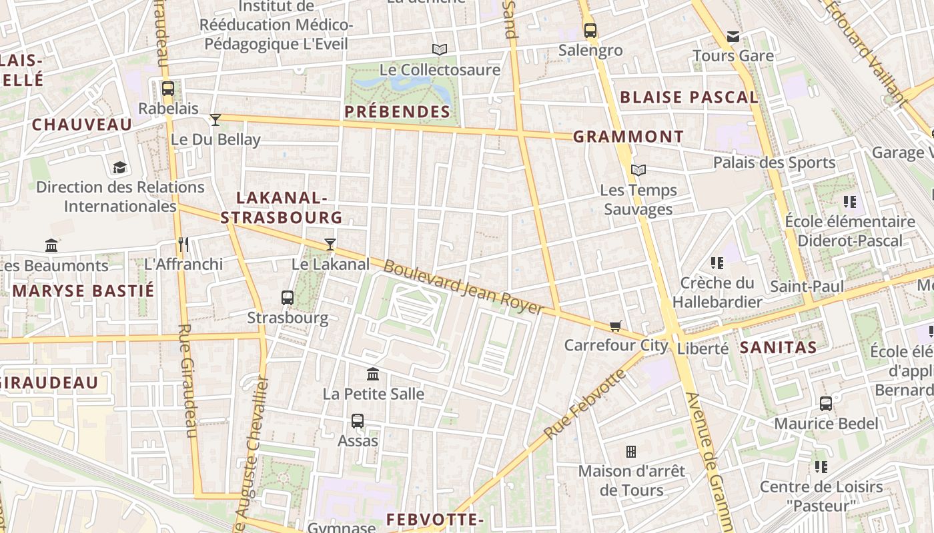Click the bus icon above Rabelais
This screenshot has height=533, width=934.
click(x=168, y=89)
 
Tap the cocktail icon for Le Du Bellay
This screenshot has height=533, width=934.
click(x=215, y=120)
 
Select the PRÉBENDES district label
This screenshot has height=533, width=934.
click(x=398, y=111)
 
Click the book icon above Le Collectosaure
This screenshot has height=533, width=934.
click(x=439, y=49)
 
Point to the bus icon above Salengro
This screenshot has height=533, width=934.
click(x=590, y=30)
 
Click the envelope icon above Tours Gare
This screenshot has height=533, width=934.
click(x=733, y=37)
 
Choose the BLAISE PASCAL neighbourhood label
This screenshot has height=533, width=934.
click(x=689, y=97)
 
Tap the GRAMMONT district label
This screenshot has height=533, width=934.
click(x=628, y=137)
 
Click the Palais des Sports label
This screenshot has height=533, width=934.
click(x=774, y=163)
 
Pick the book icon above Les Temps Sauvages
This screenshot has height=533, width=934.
click(x=638, y=171)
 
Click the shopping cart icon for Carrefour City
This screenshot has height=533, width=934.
click(x=615, y=326)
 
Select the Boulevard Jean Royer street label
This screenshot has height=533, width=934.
click(x=464, y=287)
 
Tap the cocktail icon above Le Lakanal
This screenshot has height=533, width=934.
click(x=330, y=245)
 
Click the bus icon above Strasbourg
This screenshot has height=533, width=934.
click(x=288, y=298)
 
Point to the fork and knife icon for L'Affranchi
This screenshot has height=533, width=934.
click(x=183, y=245)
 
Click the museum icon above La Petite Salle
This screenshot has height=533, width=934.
click(x=373, y=374)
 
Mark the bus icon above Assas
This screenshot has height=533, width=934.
click(x=358, y=421)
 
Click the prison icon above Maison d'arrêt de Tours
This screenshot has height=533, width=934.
click(x=631, y=452)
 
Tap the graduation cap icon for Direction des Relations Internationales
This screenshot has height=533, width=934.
click(x=120, y=167)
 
